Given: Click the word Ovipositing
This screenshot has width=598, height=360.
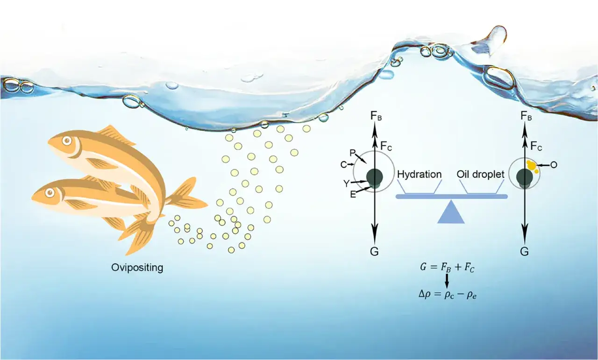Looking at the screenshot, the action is pyautogui.click(x=137, y=268).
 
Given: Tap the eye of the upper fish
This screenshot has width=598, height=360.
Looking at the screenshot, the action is pyautogui.click(x=67, y=141).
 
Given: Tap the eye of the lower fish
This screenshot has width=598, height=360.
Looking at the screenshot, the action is pyautogui.click(x=50, y=192).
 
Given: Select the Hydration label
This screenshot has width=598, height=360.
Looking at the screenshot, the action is pyautogui.click(x=419, y=175).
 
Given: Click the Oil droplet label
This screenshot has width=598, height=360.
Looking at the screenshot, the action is pyautogui.click(x=481, y=175).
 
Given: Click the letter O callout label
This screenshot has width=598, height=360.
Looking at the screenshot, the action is pyautogui.click(x=554, y=165).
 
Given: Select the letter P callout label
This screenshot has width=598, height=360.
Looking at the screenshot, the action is pyautogui.click(x=353, y=153).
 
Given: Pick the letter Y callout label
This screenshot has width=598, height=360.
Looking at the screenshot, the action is pyautogui.click(x=346, y=184).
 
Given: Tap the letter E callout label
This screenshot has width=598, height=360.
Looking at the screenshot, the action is pyautogui.click(x=353, y=195).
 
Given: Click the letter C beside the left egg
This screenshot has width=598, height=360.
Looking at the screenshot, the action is pyautogui.click(x=343, y=165).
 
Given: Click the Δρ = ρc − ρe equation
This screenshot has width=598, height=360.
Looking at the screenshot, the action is pyautogui.click(x=448, y=295).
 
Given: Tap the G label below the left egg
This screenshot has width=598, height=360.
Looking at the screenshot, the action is pyautogui.click(x=374, y=251).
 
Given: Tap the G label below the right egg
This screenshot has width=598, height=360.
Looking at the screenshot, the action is pyautogui.click(x=524, y=251).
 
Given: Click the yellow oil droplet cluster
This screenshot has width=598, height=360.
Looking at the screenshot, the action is pyautogui.click(x=532, y=167).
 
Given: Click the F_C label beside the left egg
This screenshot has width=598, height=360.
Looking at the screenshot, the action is pyautogui.click(x=386, y=146).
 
